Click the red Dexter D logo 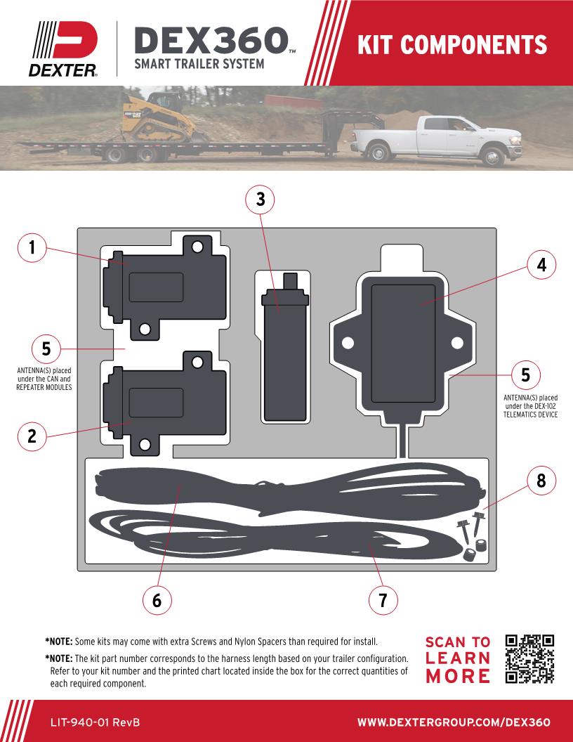pyautogui.click(x=76, y=40)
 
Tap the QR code pyautogui.click(x=529, y=659)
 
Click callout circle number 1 pyautogui.click(x=32, y=247)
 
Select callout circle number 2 pyautogui.click(x=32, y=436)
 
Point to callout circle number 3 pyautogui.click(x=261, y=200)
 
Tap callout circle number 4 pyautogui.click(x=541, y=265)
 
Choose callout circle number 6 pyautogui.click(x=157, y=600)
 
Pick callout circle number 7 pyautogui.click(x=383, y=600)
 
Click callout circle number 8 pyautogui.click(x=541, y=481)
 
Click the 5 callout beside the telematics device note pyautogui.click(x=526, y=375)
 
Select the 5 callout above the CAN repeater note pyautogui.click(x=46, y=349)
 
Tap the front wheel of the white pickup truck pyautogui.click(x=493, y=157)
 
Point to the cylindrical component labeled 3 pyautogui.click(x=285, y=347)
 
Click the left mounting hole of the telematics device pyautogui.click(x=348, y=343)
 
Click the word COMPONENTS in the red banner pyautogui.click(x=473, y=44)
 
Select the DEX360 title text pyautogui.click(x=211, y=40)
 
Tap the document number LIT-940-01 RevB pyautogui.click(x=95, y=722)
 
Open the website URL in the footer pyautogui.click(x=454, y=722)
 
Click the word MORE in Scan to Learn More pyautogui.click(x=458, y=676)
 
